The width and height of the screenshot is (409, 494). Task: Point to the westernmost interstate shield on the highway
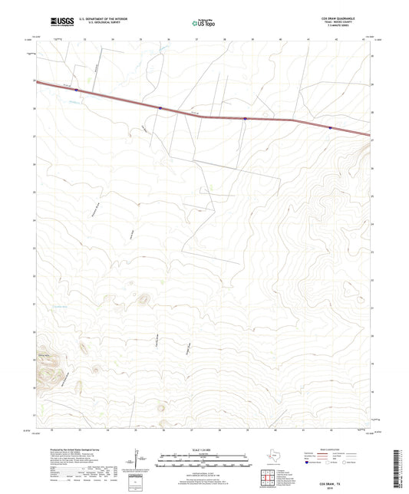point(77,90)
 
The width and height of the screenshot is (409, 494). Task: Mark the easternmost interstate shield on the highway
point(330,128)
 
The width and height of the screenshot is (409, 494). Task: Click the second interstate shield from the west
point(160,108)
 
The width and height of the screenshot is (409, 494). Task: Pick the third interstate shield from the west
point(245,119)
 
